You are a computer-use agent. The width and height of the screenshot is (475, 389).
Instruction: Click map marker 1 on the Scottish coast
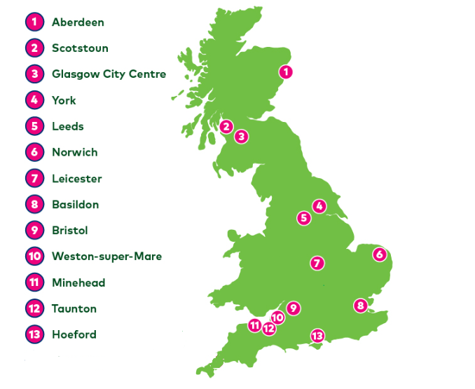286,71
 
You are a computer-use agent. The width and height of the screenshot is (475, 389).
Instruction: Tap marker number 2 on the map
226,127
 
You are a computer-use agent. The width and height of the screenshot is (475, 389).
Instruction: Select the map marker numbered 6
380,254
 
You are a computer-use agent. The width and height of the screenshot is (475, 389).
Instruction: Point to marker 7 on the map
317,264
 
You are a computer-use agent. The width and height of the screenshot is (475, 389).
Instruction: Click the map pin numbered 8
360,305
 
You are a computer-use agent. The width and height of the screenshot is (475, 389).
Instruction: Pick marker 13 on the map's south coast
317,336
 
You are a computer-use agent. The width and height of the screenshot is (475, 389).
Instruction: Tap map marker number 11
255,325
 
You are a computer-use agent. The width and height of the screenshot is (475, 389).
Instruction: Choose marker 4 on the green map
319,206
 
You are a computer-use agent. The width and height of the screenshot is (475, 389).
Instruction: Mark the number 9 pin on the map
293,308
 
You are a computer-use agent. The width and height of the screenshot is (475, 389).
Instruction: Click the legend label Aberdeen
78,22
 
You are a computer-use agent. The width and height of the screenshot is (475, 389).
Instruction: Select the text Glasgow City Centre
109,74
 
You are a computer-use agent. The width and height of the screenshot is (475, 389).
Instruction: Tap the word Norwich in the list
74,152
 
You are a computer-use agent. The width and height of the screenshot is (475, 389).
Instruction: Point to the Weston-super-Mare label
106,257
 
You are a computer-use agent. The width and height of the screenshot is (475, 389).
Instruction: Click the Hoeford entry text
74,334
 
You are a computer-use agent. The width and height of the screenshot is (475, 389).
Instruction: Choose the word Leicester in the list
76,179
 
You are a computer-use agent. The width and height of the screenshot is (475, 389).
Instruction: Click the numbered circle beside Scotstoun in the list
34,48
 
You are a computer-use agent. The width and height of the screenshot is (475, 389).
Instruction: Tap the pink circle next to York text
34,100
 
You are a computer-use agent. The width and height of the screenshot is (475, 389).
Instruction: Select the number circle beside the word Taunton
34,308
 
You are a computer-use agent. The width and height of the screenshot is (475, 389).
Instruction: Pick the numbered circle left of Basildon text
34,205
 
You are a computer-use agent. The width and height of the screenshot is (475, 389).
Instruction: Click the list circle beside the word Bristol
34,231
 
